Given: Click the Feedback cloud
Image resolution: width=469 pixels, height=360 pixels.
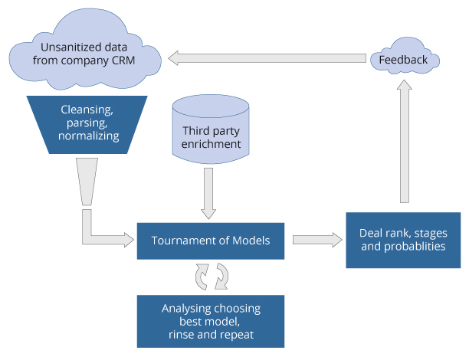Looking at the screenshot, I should click(x=405, y=58).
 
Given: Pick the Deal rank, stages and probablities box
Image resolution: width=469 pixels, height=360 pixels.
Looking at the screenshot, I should click(x=403, y=239).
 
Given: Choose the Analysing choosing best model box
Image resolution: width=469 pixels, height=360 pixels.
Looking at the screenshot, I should click(x=212, y=321).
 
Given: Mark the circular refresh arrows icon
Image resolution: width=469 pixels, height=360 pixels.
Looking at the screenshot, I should click(x=212, y=277).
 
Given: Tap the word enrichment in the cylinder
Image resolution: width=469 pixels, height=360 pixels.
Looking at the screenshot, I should click(x=212, y=144).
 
